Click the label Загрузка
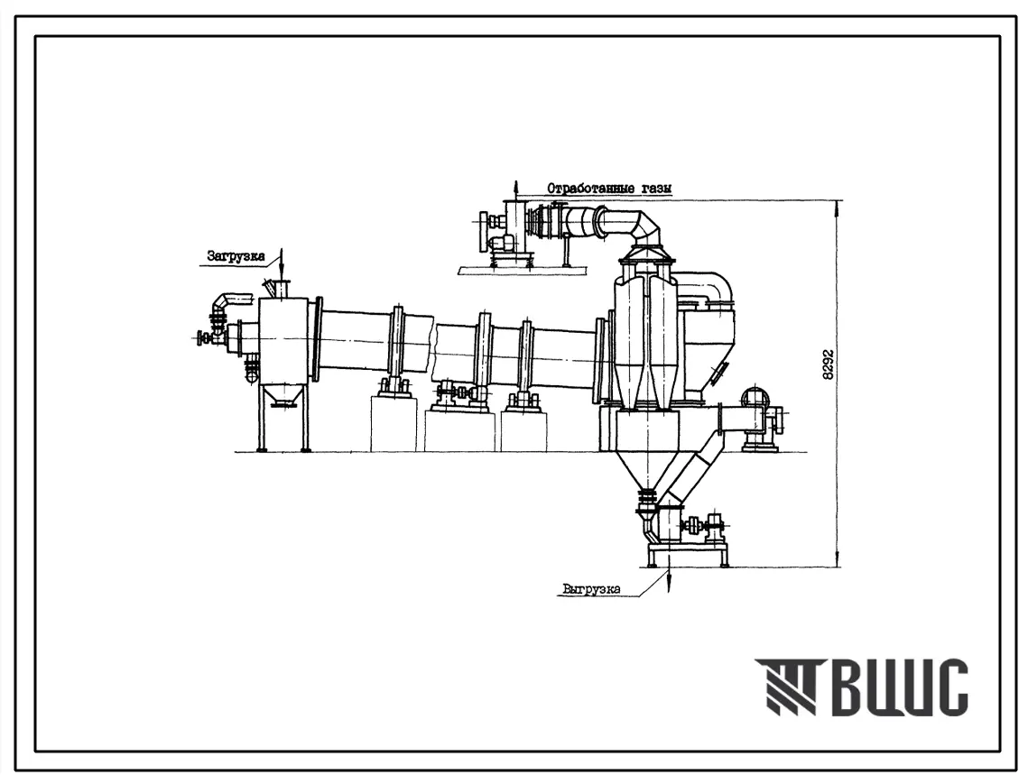click(236, 255)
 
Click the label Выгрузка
click(591, 588)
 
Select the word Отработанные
click(587, 189)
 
